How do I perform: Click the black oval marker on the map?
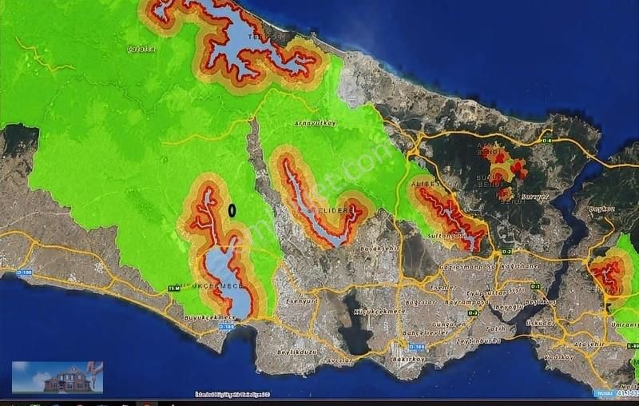232,210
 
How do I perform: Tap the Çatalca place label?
141,49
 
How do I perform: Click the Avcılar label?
339,360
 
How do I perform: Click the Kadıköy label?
560,356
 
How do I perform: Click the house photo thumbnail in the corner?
58,377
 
